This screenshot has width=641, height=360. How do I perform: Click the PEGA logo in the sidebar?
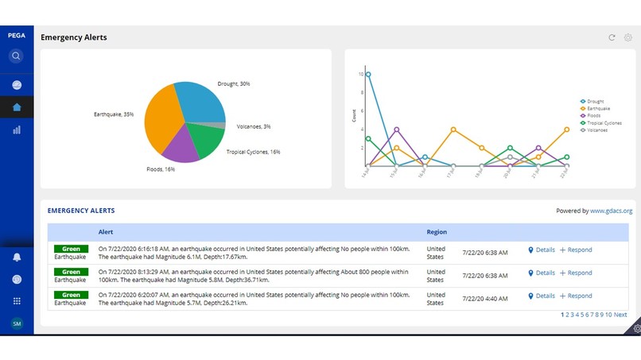coord(16,36)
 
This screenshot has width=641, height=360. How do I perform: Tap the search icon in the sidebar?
coord(16,56)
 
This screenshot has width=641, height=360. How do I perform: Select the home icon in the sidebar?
coord(16,107)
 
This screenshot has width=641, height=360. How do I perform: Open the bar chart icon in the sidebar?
coord(16,130)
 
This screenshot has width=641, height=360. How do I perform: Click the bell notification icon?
coord(16,257)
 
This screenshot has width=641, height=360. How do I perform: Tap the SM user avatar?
coord(16,323)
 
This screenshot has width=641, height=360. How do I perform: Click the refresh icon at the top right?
coord(612,37)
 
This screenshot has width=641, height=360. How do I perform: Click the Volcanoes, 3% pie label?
coord(254,126)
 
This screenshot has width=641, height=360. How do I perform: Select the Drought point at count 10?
coord(367,74)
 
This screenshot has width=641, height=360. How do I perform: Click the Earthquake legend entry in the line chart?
coord(600,109)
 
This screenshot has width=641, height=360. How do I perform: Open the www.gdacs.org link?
coord(611,211)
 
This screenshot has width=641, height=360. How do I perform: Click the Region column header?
coord(437,232)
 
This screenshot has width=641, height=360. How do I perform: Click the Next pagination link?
coord(620,315)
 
